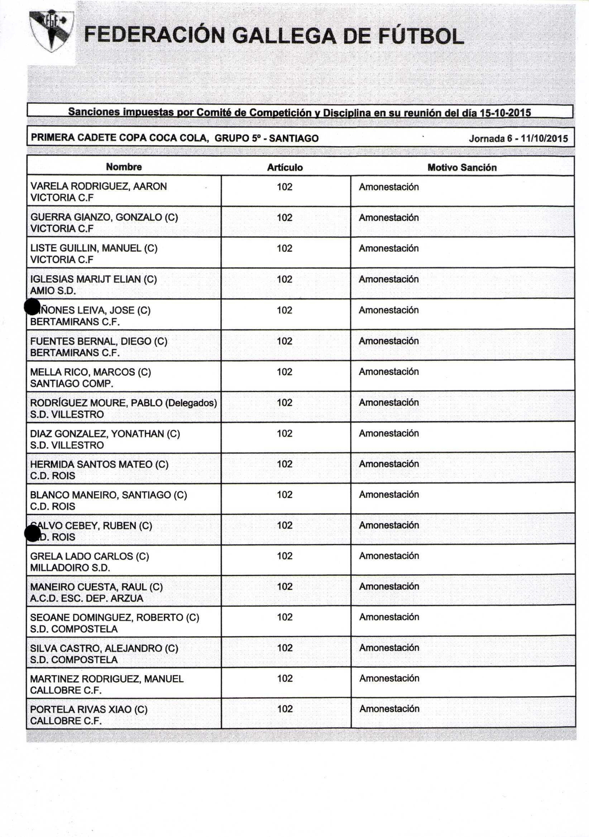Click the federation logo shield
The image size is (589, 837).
[52, 31]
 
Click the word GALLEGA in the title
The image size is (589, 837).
[283, 37]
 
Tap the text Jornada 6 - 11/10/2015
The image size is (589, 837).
[518, 138]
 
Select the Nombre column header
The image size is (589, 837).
[124, 167]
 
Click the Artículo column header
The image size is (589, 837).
[284, 167]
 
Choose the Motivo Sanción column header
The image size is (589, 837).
[462, 167]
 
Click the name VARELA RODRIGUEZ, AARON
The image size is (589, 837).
[99, 186]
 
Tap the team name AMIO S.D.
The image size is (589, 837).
[53, 291]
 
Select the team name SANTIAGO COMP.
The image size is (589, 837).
[72, 384]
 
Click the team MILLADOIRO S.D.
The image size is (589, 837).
[70, 568]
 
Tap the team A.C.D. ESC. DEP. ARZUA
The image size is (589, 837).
[86, 598]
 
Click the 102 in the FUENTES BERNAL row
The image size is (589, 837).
[284, 341]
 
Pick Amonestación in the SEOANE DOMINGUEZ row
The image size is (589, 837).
[389, 617]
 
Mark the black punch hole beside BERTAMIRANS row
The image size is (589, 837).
[32, 307]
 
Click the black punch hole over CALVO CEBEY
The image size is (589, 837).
[32, 533]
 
